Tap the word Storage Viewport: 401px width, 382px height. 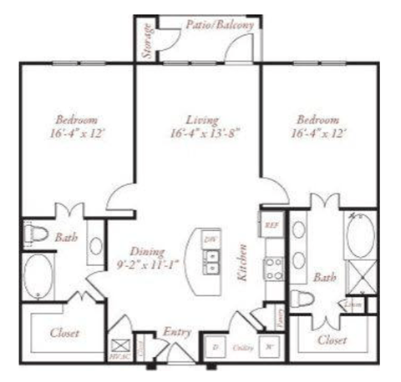147,40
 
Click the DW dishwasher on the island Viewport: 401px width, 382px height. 209,240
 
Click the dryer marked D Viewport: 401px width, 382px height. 216,345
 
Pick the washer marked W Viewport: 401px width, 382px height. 270,345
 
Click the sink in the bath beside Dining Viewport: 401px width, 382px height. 94,248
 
